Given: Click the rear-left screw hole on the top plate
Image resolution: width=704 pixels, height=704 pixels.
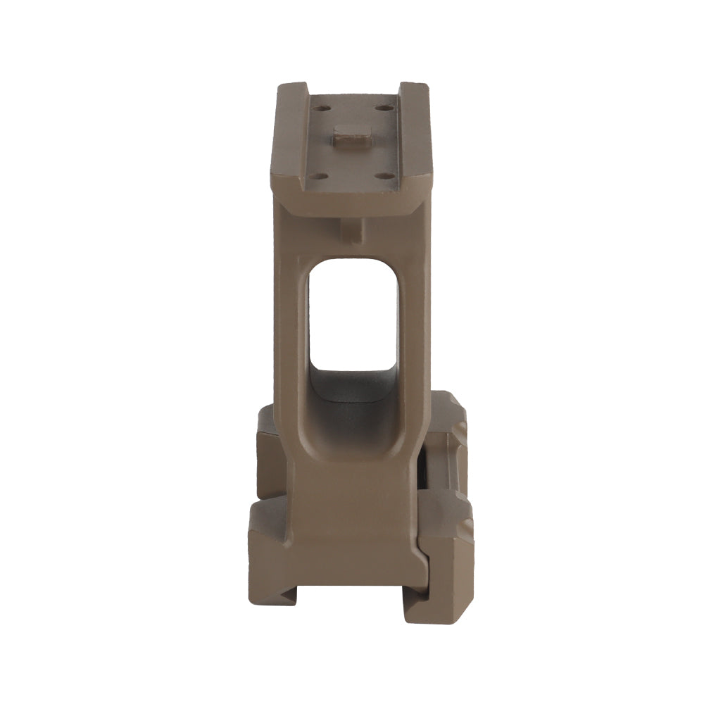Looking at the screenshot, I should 322,108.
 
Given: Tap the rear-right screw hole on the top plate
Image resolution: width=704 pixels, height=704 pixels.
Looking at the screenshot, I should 384,108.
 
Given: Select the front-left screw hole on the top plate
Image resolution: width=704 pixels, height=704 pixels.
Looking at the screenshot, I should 318,175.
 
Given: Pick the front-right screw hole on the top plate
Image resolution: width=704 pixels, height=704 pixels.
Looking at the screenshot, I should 384,175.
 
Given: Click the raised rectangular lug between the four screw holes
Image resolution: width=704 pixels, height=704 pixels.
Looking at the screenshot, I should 353,135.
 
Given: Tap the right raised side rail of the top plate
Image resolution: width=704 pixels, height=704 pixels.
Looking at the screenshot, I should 415,134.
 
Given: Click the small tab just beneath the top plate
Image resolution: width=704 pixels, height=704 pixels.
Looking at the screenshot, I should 352,229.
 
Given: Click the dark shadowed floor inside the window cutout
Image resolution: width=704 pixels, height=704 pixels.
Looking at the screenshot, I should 353,386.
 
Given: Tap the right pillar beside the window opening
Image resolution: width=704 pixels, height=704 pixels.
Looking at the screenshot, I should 413,331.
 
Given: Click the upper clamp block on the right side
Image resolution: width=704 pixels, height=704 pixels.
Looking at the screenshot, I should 446,436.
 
